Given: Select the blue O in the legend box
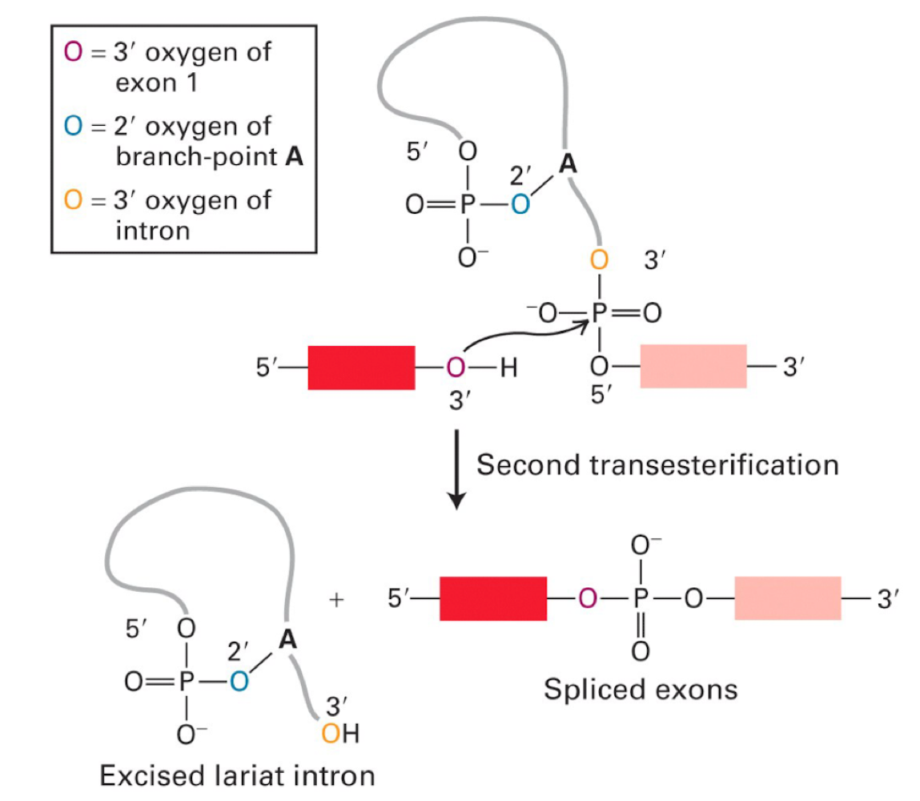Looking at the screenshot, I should pos(72,127).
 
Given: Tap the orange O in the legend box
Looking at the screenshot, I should pos(72,200).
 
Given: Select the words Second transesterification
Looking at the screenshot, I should pos(657,465).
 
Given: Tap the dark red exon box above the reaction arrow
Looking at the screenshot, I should pos(361,368).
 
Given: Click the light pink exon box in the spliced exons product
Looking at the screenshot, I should pos(787,598).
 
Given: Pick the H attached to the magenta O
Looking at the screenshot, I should pos(507,368).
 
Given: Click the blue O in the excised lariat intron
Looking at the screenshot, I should pos(238,682).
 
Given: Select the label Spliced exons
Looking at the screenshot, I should pos(641,689).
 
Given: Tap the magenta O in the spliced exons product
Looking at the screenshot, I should pos(588,598).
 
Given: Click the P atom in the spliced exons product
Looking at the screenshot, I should pos(640,598).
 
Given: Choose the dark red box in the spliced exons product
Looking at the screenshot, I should pos(493,598).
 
